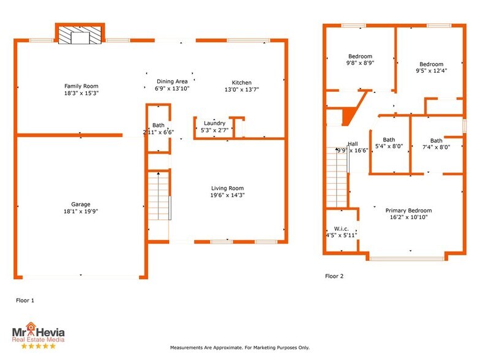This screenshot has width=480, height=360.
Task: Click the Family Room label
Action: point(81,86)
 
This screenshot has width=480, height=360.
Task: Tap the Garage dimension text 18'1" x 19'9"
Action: point(81,211)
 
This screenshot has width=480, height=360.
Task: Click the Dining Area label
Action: point(172,81)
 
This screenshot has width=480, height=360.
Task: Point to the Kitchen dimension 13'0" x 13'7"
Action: point(241,89)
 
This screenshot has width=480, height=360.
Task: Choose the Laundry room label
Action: point(214,123)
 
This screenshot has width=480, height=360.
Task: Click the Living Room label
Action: point(227,188)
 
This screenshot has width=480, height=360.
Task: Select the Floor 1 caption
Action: point(24,301)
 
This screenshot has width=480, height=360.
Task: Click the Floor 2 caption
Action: point(334,276)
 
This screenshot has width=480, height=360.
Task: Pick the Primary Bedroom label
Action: point(408,211)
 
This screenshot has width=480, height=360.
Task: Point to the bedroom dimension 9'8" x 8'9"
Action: point(361,62)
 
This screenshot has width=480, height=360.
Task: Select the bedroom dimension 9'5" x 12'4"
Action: point(431,70)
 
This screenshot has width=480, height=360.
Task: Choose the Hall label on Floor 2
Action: point(353,144)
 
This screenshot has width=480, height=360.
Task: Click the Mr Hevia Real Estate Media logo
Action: point(39,335)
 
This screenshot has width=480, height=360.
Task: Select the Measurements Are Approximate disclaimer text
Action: point(239,347)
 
